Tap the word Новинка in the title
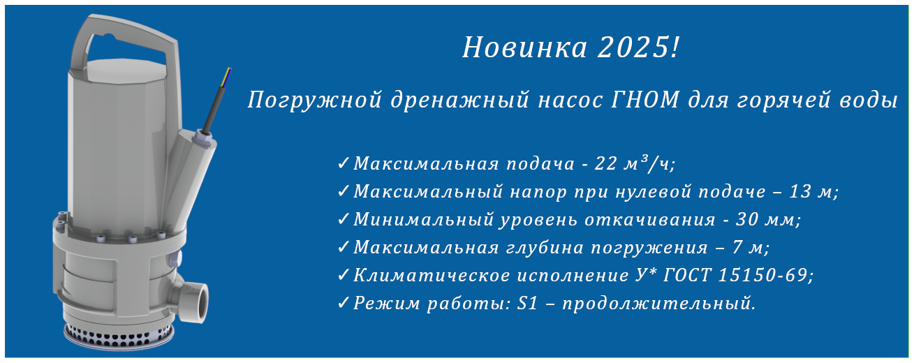click(x=524, y=47)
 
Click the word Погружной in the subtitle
click(x=315, y=101)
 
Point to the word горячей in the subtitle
click(x=783, y=101)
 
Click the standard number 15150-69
click(x=762, y=275)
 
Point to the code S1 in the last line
click(x=527, y=303)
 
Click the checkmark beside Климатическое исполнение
click(x=343, y=275)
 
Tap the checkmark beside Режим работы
click(x=343, y=303)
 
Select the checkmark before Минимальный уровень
click(x=343, y=219)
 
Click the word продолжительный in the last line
click(x=656, y=304)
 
